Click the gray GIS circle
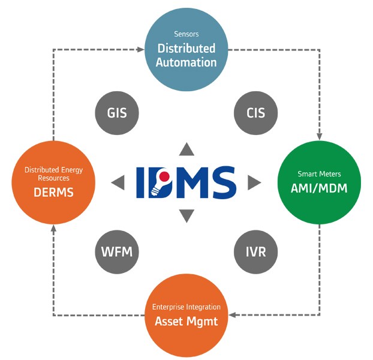click(x=117, y=112)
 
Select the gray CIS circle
click(x=255, y=112)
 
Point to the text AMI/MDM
click(x=320, y=187)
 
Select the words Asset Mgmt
click(x=186, y=321)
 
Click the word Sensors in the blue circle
click(x=186, y=34)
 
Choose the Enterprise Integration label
click(x=186, y=307)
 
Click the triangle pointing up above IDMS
click(x=187, y=149)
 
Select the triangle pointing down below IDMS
click(x=187, y=215)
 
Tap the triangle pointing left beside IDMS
click(x=118, y=182)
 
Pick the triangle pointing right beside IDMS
click(x=254, y=182)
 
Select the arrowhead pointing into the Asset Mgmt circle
click(x=233, y=314)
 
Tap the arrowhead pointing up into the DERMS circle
click(x=53, y=228)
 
